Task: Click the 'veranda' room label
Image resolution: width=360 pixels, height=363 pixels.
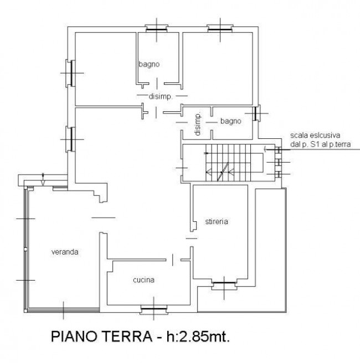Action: tap(65, 252)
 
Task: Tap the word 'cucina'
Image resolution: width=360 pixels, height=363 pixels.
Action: tap(143, 280)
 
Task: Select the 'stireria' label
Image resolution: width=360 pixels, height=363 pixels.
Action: tap(217, 221)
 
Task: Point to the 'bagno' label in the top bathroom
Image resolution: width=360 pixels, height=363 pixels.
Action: tap(149, 64)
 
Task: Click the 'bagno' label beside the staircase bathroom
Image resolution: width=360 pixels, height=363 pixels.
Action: tap(231, 121)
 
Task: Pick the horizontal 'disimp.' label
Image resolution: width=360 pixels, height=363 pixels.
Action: tap(161, 96)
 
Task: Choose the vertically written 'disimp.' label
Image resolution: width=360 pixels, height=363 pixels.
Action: tap(198, 125)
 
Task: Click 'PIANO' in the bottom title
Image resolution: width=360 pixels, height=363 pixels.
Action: tap(74, 336)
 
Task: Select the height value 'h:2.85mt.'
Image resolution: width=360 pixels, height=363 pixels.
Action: tap(198, 336)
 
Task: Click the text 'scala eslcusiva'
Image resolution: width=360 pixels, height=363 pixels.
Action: tap(315, 135)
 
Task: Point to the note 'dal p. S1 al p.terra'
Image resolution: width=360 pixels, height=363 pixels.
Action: tap(320, 144)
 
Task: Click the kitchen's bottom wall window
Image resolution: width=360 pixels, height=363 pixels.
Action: tap(154, 309)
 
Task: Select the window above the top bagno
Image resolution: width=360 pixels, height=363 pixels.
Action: tap(156, 29)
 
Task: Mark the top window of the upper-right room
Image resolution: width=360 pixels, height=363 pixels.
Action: tap(220, 29)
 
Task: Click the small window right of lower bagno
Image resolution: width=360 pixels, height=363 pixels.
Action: tap(256, 113)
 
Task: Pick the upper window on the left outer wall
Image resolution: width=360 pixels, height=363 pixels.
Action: tap(71, 73)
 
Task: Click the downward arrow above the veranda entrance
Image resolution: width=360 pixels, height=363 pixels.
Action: tap(43, 179)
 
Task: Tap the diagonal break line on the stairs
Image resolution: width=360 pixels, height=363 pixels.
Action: tap(223, 172)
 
